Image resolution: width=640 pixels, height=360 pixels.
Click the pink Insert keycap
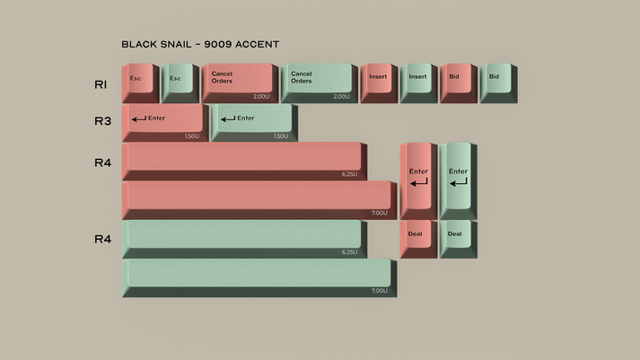click(378, 81)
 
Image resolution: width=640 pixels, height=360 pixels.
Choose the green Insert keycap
click(418, 81)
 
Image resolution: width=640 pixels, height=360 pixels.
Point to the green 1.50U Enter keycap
click(252, 121)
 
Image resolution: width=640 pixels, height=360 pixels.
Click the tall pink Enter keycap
click(418, 178)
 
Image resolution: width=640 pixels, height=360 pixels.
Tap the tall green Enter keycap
click(458, 178)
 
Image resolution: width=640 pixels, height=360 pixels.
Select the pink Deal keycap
click(417, 237)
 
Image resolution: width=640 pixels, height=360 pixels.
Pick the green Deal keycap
click(457, 237)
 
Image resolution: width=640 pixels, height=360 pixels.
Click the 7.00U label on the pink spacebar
click(379, 214)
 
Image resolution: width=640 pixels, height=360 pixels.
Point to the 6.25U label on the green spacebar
click(349, 252)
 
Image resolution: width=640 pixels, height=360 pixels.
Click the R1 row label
click(101, 84)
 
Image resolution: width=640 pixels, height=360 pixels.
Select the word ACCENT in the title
click(256, 43)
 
